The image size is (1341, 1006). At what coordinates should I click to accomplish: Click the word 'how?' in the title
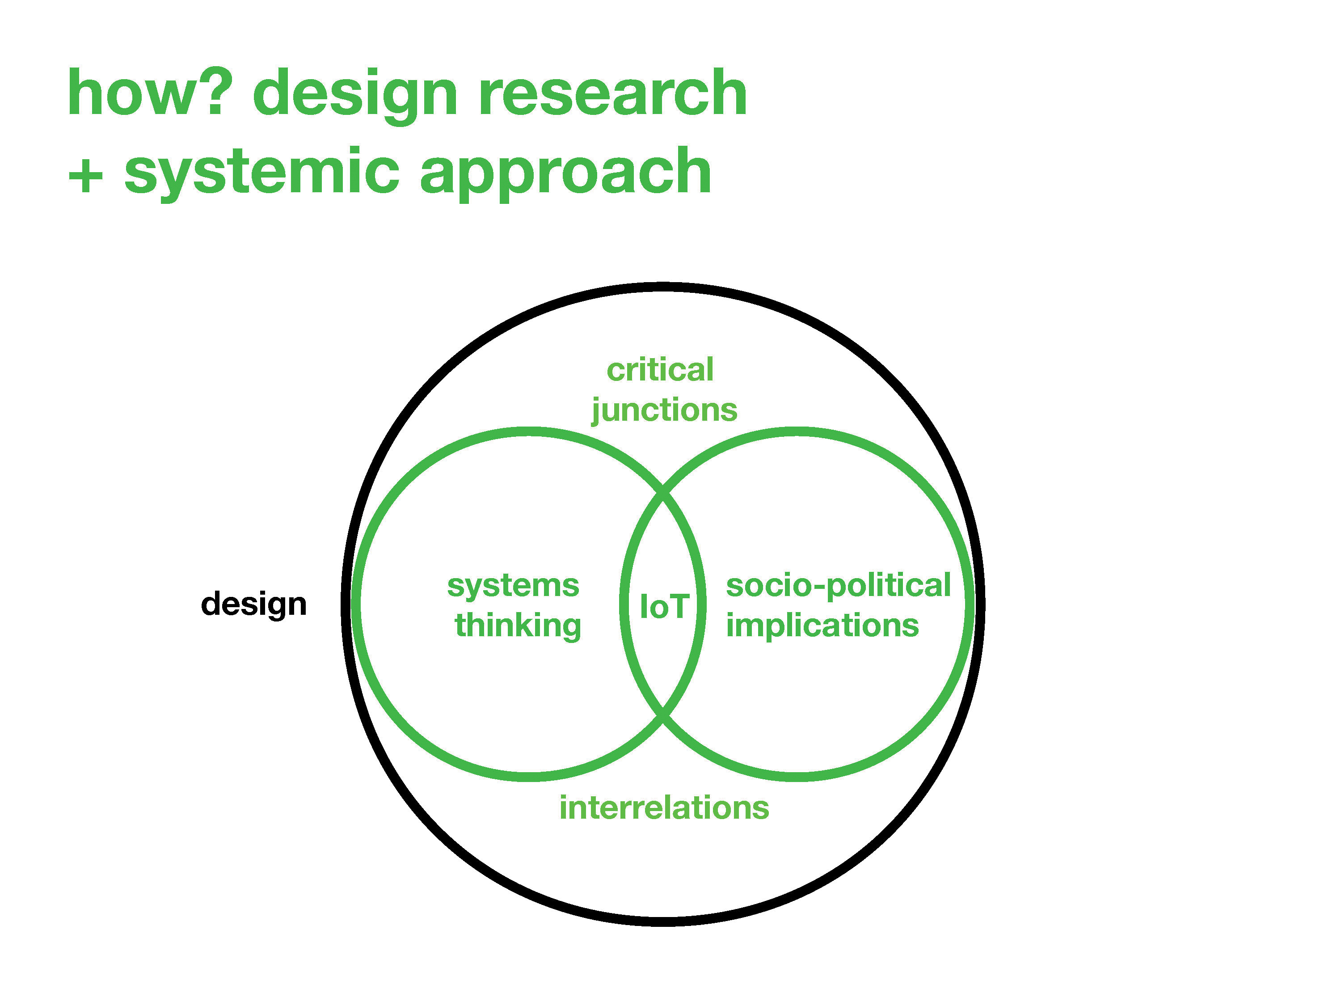pos(150,92)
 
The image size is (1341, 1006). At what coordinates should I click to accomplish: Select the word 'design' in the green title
pos(355,97)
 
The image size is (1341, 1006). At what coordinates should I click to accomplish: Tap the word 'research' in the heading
pos(613,92)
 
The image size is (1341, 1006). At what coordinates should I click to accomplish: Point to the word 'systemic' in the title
pos(262,174)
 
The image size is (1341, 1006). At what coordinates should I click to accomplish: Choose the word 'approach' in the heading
pos(565,174)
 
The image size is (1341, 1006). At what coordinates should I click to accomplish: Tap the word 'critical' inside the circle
pos(660,370)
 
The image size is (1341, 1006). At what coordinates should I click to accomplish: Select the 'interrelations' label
pos(664,808)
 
